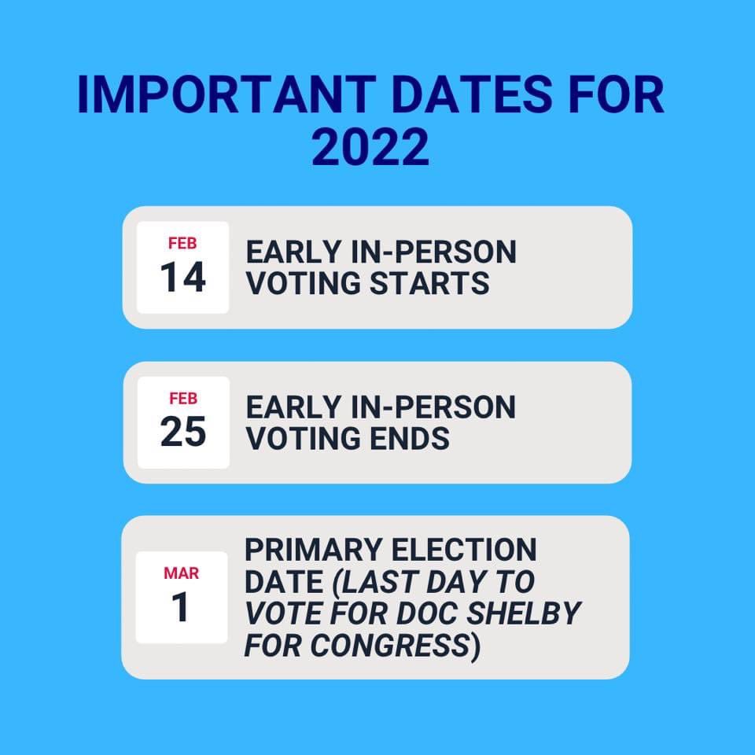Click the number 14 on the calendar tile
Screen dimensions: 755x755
[182, 278]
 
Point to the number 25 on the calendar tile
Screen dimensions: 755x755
[183, 433]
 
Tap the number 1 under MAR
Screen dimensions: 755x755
[181, 608]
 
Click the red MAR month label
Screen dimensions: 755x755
[181, 573]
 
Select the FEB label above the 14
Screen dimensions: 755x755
[182, 243]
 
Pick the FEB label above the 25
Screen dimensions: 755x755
[183, 398]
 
